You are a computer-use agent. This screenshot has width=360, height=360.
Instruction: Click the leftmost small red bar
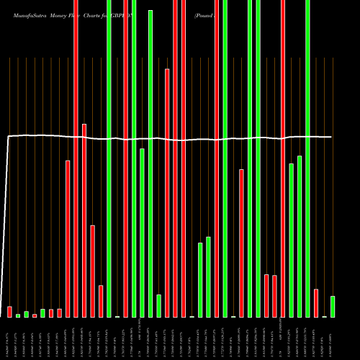click(x=9, y=312)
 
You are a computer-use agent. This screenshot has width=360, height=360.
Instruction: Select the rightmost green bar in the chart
click(x=333, y=306)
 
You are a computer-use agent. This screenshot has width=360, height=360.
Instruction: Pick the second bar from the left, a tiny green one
click(x=18, y=315)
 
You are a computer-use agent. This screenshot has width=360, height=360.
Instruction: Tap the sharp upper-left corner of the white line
click(x=8, y=136)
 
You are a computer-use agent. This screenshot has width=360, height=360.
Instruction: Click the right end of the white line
click(x=332, y=137)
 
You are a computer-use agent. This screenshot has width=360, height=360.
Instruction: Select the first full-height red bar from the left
click(x=76, y=158)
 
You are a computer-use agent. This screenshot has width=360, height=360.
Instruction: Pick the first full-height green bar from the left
click(x=109, y=158)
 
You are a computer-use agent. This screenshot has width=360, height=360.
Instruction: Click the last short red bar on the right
click(x=316, y=302)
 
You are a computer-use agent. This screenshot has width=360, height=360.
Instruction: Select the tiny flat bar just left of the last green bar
click(x=324, y=316)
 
